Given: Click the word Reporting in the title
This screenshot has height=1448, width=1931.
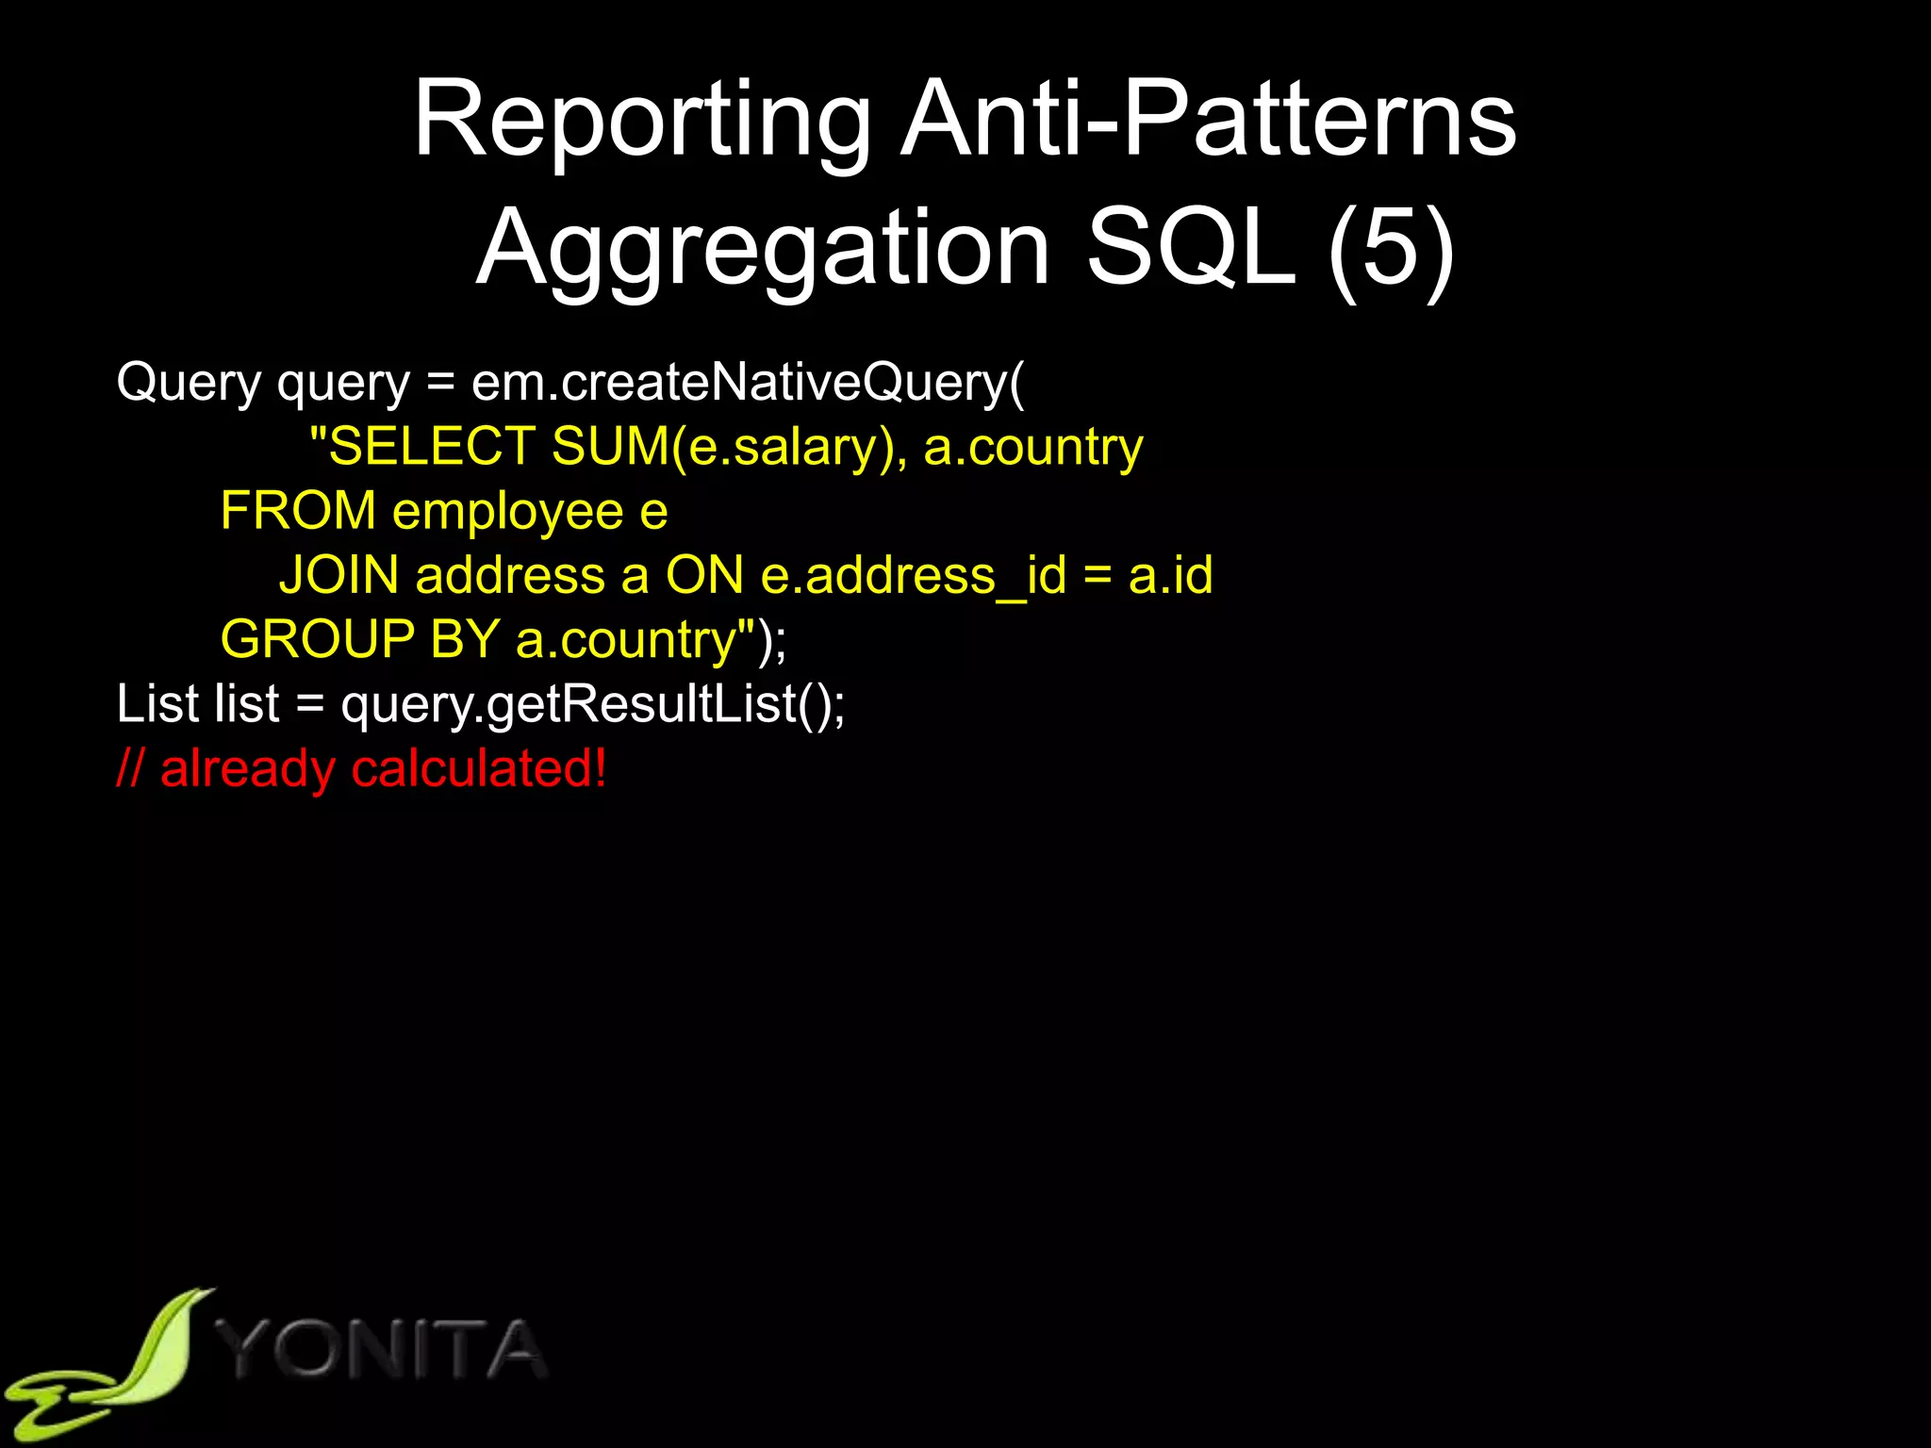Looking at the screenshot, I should point(642,121).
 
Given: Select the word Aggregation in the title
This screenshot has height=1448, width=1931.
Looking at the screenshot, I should point(763,249).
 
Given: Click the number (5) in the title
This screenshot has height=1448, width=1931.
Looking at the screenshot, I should point(1391,249).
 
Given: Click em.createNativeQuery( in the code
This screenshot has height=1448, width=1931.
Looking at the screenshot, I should point(748,383).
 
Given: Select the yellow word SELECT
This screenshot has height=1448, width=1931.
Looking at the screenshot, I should point(432,446).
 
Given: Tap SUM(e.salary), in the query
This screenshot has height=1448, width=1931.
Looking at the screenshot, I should point(729,447).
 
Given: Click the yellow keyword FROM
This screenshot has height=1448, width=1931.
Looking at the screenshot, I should point(298,511).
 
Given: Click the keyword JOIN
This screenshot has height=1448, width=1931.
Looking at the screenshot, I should point(338,575).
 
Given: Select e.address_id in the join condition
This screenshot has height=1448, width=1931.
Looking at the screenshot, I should point(914,576).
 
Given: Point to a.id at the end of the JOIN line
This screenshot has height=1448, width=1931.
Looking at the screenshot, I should point(1170,575).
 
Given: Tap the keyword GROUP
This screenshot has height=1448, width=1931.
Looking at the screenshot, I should point(317,639).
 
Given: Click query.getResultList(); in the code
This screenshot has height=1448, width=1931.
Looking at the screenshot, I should point(593,704).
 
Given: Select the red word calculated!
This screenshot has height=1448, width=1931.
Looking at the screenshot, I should point(479,768).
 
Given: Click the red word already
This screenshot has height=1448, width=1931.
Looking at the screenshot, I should point(247,768).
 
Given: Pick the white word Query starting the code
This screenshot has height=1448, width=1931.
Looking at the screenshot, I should point(189,383).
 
